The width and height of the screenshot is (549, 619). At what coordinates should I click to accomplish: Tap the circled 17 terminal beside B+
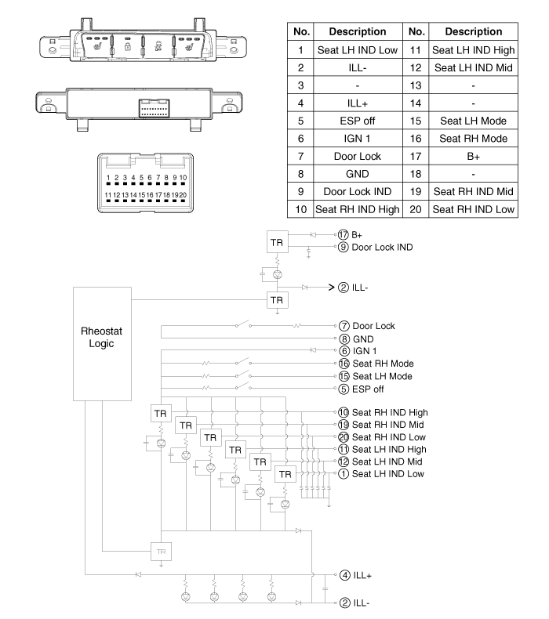(343, 233)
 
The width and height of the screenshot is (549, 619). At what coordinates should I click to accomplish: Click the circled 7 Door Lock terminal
(343, 324)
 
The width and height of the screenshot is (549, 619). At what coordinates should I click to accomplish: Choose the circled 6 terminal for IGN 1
(343, 350)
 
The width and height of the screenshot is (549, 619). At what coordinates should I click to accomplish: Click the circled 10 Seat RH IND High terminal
(343, 412)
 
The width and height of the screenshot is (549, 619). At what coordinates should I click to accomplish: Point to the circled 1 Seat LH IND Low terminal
(343, 474)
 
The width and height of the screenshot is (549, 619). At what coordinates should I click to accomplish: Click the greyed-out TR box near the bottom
(160, 551)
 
